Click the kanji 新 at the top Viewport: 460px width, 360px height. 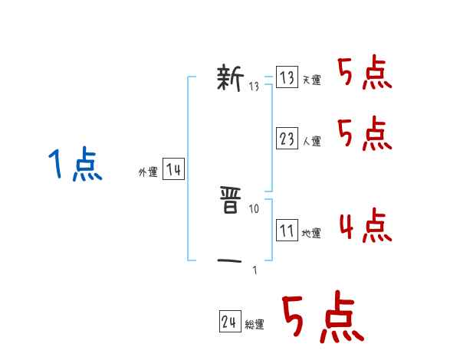(230, 78)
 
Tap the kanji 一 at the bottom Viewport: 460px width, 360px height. (230, 262)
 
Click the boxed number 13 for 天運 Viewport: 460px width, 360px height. (287, 77)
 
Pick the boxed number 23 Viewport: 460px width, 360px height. (287, 139)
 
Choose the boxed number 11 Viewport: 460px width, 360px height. (287, 231)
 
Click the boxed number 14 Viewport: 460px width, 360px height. (173, 170)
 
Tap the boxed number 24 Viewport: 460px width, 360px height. (229, 322)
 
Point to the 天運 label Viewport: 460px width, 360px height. (311, 80)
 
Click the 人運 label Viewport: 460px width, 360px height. (311, 142)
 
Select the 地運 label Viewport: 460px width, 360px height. (311, 234)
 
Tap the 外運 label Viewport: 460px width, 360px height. (148, 173)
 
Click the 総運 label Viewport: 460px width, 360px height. (254, 326)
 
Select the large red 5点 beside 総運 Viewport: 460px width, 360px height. (321, 318)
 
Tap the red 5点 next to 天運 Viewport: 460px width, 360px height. (364, 74)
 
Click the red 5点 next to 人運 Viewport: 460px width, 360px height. (364, 134)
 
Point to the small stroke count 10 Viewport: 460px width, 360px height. (255, 208)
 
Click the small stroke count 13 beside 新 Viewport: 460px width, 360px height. (255, 86)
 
